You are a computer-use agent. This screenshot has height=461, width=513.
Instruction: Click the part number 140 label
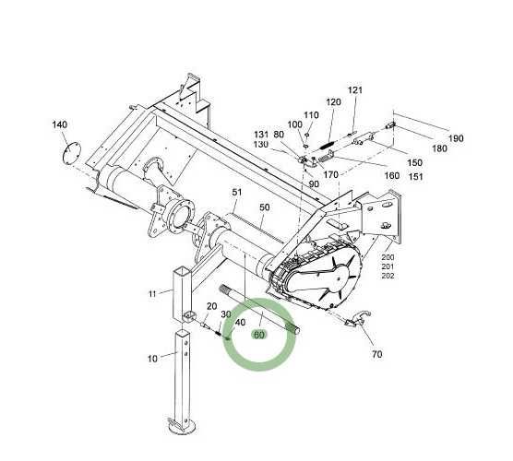point(60,124)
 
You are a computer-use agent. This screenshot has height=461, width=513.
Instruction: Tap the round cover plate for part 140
point(72,153)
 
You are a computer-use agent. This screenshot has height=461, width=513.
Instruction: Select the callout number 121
point(355,90)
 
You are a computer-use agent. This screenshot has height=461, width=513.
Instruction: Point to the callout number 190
point(456,138)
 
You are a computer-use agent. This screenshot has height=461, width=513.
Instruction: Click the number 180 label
point(439,148)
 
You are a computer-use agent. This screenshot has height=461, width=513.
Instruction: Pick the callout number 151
point(416,176)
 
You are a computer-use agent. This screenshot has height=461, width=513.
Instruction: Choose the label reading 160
point(391,175)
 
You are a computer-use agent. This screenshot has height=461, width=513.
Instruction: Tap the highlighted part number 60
point(258,335)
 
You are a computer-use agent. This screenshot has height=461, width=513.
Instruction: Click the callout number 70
point(376,354)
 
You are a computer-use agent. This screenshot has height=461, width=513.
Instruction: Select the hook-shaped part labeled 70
point(358,319)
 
